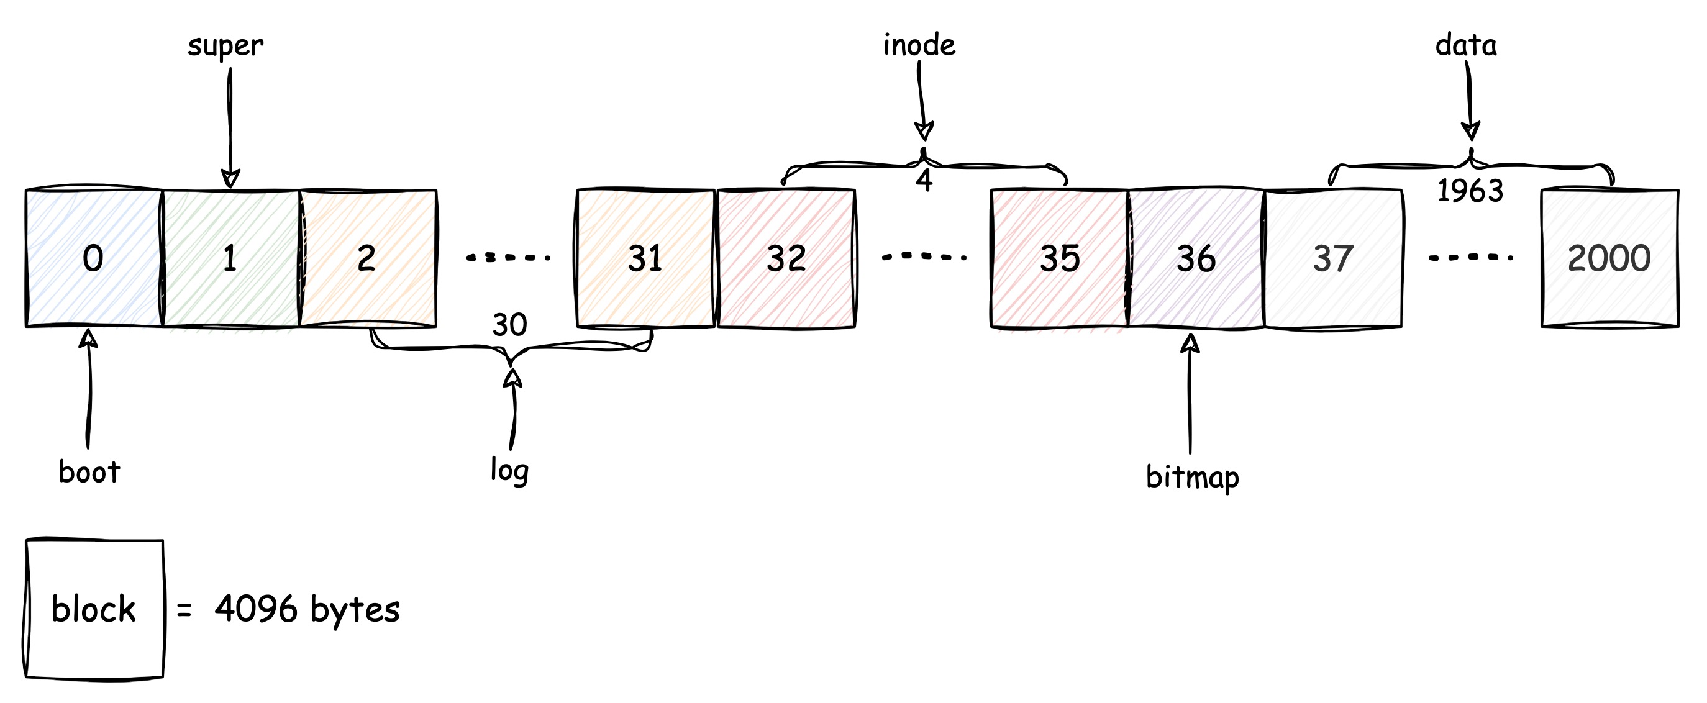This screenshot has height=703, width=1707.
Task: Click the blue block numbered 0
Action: click(93, 258)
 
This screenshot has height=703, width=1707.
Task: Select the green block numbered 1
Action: click(230, 258)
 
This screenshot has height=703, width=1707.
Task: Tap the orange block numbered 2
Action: click(368, 258)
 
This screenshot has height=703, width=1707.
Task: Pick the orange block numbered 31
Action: click(645, 258)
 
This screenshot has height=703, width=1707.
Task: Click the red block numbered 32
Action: click(786, 258)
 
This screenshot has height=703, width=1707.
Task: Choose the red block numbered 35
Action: click(1060, 258)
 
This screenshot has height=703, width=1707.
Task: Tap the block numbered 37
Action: click(1333, 258)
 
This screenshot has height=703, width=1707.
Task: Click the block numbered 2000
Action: click(1609, 258)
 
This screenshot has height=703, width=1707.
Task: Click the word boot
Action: click(89, 472)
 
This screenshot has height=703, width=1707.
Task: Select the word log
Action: click(509, 471)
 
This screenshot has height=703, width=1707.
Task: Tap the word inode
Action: click(919, 45)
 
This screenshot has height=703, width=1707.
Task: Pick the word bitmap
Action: click(1192, 477)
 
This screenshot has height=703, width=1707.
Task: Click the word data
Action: click(1466, 45)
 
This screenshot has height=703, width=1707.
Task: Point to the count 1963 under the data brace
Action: click(1470, 191)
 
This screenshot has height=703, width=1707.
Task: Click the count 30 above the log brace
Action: click(509, 325)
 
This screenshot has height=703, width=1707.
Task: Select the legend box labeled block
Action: click(93, 609)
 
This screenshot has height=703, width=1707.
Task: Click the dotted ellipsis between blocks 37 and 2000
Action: click(1470, 257)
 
